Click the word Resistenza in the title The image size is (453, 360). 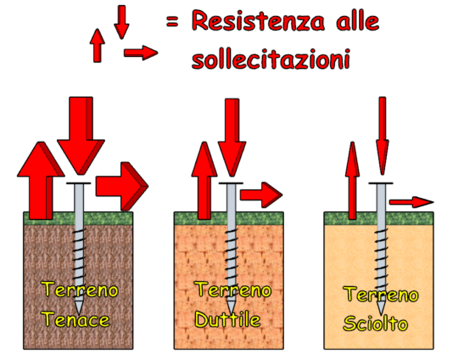click(x=258, y=21)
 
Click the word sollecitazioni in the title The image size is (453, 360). click(x=271, y=59)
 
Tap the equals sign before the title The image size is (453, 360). click(x=172, y=21)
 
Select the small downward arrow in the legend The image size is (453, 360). click(x=121, y=22)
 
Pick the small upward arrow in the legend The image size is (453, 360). click(x=97, y=45)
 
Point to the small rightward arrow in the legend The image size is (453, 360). click(x=141, y=53)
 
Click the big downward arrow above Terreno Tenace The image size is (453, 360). click(x=81, y=136)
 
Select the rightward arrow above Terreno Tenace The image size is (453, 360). click(x=122, y=186)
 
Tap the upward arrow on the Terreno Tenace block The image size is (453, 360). click(x=41, y=181)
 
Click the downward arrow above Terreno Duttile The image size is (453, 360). click(x=232, y=138)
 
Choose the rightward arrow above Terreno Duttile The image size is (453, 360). click(x=261, y=194)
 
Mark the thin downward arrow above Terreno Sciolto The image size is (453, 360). click(x=383, y=136)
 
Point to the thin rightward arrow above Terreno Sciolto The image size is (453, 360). click(x=411, y=202)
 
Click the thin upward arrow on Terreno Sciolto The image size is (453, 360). click(x=352, y=181)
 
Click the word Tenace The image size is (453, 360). click(x=76, y=319)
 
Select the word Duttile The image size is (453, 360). click(x=228, y=319)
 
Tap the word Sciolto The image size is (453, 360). click(x=376, y=323)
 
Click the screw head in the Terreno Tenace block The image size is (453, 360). click(x=79, y=183)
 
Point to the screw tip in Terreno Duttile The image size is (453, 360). click(x=231, y=307)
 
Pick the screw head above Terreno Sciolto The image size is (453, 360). click(x=381, y=183)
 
